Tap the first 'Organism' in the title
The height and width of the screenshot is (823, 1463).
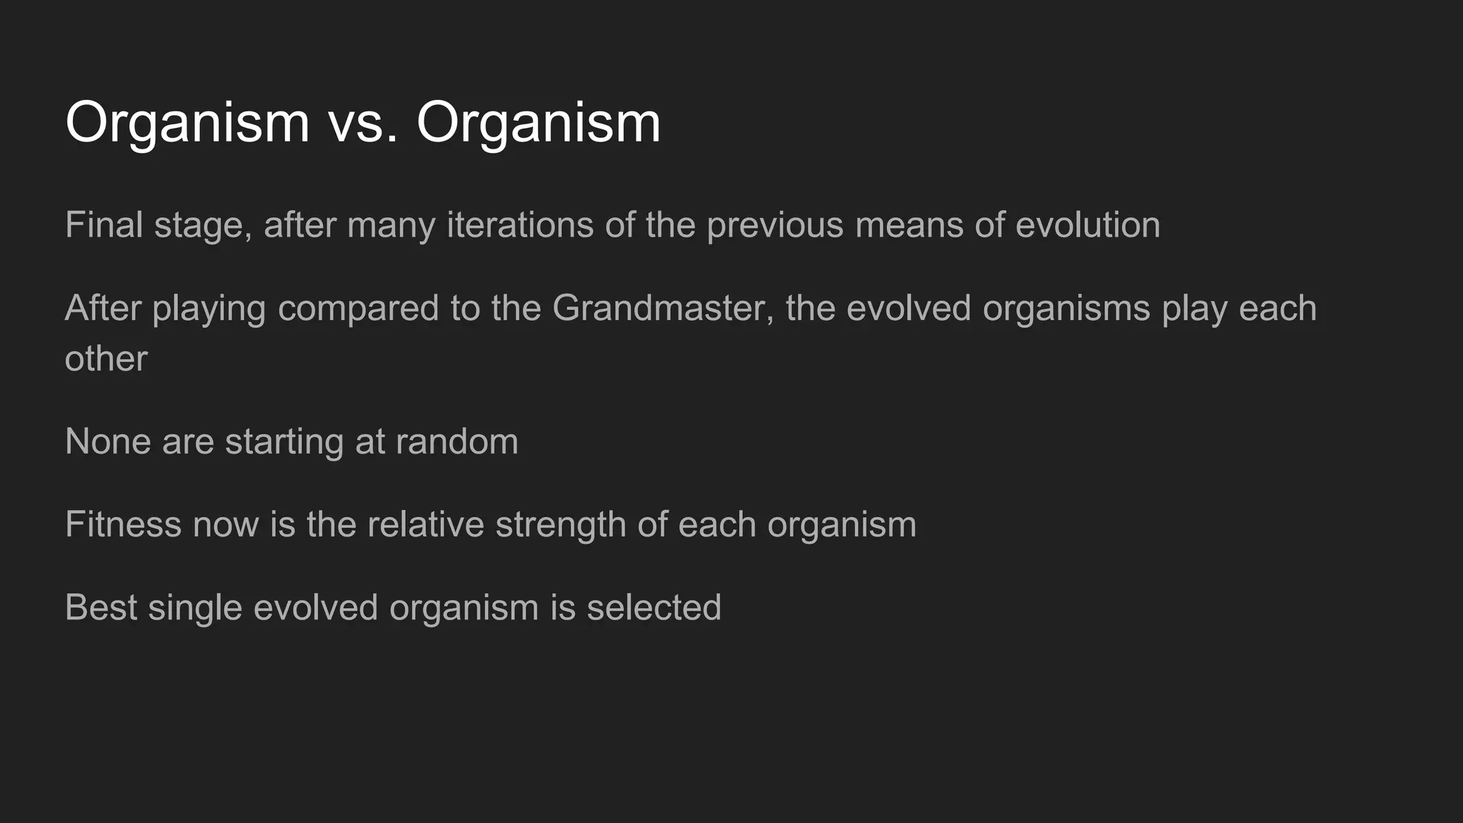click(x=187, y=123)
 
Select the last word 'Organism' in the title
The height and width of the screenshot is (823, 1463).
click(x=539, y=123)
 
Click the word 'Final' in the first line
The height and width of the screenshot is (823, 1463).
click(x=104, y=225)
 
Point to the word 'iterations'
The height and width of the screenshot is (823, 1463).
click(x=519, y=225)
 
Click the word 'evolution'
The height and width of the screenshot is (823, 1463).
click(x=1087, y=225)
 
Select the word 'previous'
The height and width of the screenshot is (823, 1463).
click(x=775, y=225)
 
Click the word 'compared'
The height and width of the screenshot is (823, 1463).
click(x=358, y=309)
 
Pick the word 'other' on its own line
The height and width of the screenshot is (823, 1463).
click(x=106, y=359)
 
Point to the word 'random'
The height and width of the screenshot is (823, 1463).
click(x=456, y=442)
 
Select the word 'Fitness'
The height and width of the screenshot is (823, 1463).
click(x=124, y=524)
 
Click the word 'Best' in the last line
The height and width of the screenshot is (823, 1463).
click(x=101, y=607)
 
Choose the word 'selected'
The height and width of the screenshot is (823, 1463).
click(x=654, y=607)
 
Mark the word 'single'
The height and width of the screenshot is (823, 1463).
click(x=195, y=607)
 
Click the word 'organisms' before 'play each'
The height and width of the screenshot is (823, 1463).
click(x=1066, y=309)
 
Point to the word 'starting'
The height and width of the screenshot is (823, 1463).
click(x=284, y=442)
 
